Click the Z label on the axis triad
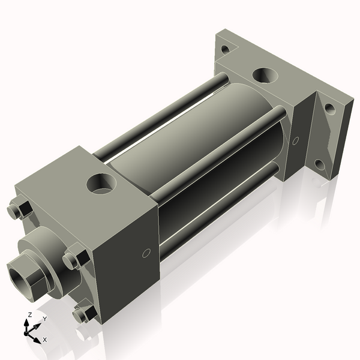(30, 315)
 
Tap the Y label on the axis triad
(44, 319)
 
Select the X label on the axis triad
(44, 340)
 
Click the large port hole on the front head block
(100, 183)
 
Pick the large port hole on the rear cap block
(263, 76)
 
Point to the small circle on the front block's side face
(145, 254)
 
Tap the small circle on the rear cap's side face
(295, 141)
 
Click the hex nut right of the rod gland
(75, 259)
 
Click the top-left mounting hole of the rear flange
(225, 50)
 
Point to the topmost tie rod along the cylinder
(162, 114)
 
